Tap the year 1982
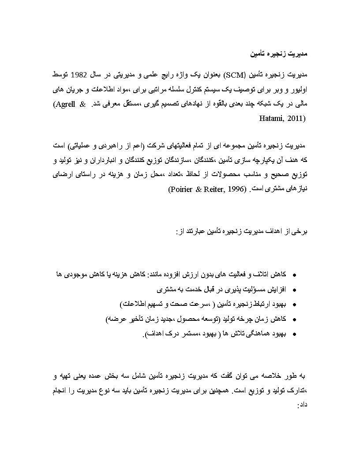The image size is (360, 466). (x=80, y=72)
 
